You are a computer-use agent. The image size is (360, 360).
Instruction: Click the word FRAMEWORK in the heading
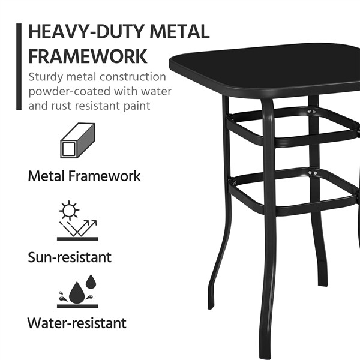pos(88,56)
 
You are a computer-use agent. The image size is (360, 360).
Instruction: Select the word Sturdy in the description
pos(48,77)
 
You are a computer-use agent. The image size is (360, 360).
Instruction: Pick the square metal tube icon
pos(78,142)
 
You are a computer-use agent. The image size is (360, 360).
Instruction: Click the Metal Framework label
pos(84,176)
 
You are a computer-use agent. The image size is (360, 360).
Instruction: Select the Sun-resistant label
pos(70,257)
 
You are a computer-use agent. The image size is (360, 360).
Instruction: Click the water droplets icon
pos(77,290)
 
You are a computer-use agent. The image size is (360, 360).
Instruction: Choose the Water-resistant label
pos(77,323)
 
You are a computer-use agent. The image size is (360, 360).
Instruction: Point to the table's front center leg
pos(268,228)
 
